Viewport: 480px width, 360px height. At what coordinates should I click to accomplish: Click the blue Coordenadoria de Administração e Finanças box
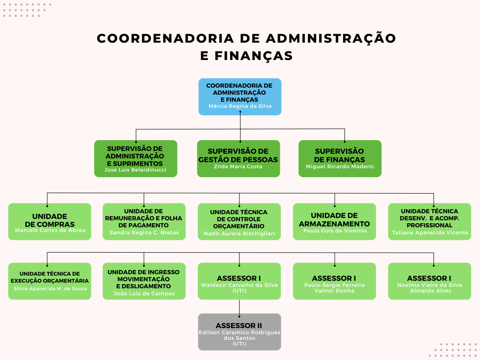pyautogui.click(x=240, y=97)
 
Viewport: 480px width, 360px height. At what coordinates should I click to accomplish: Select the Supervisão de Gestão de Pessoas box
pyautogui.click(x=239, y=158)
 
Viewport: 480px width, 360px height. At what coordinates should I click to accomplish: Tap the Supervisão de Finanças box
pyautogui.click(x=340, y=158)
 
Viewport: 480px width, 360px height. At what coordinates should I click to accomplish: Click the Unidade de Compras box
pyautogui.click(x=50, y=222)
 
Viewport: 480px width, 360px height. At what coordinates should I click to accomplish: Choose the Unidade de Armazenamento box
pyautogui.click(x=334, y=222)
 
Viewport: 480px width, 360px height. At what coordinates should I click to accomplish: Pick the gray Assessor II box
pyautogui.click(x=240, y=332)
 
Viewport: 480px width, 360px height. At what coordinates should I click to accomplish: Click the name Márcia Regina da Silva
pyautogui.click(x=240, y=106)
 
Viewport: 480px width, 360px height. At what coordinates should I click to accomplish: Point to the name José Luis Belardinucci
pyautogui.click(x=135, y=170)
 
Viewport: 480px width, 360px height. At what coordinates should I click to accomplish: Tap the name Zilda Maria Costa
pyautogui.click(x=238, y=166)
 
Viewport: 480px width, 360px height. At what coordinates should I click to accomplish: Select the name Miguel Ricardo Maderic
pyautogui.click(x=340, y=166)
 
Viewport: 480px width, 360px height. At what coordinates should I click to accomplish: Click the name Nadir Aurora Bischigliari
pyautogui.click(x=240, y=233)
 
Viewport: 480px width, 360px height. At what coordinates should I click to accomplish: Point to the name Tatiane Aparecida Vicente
pyautogui.click(x=430, y=232)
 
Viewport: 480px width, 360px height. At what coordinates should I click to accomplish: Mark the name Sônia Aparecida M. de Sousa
pyautogui.click(x=50, y=289)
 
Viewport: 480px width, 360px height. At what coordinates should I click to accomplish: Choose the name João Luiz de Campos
pyautogui.click(x=144, y=293)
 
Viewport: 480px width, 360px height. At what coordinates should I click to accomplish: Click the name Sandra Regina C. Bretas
pyautogui.click(x=144, y=232)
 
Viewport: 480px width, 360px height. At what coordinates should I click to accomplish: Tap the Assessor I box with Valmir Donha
pyautogui.click(x=334, y=281)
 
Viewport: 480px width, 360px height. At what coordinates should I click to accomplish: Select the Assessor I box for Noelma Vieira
pyautogui.click(x=429, y=281)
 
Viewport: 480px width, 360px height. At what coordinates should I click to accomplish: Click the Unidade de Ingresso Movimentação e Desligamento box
pyautogui.click(x=144, y=281)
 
